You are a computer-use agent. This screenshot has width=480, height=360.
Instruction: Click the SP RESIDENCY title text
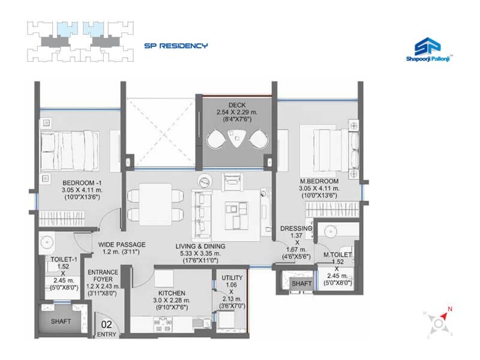(175, 45)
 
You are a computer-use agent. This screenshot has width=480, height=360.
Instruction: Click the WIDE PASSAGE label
(122, 245)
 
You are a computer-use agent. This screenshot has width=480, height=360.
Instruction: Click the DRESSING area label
(296, 229)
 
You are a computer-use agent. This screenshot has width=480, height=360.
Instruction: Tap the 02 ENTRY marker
(107, 327)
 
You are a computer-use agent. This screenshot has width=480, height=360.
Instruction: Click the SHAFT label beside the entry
(61, 322)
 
